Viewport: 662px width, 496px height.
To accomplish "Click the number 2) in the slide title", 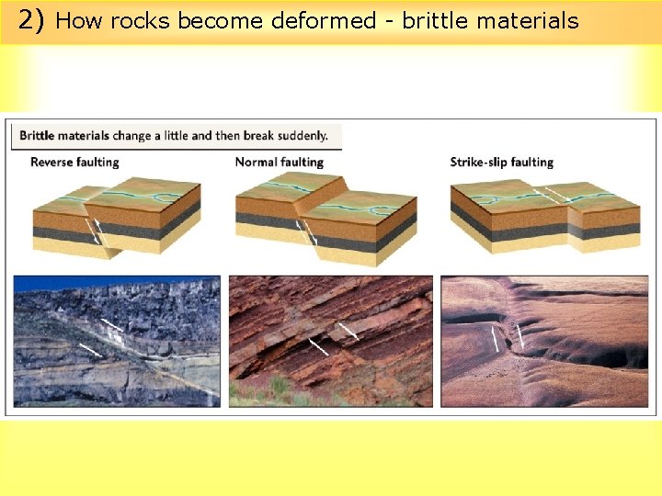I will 31,20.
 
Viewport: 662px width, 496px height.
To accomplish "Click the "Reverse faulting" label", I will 74,163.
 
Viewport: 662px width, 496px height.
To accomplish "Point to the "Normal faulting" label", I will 280,163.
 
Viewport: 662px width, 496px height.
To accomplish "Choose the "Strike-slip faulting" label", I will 501,163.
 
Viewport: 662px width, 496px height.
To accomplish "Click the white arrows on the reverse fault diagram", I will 97,231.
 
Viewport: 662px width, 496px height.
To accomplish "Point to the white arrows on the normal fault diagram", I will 305,232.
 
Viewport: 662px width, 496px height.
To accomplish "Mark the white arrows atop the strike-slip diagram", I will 555,194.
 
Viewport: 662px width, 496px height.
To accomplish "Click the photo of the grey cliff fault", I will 117,341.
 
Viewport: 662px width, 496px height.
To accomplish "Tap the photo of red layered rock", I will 330,341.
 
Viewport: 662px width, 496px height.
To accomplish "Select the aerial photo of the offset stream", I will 544,341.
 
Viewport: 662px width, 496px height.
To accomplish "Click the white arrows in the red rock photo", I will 333,337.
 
